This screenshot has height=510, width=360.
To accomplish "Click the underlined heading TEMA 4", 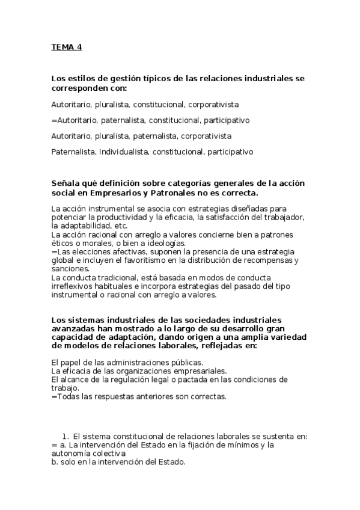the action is (x=66, y=48).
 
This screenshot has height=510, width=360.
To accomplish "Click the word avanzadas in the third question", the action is (x=76, y=328).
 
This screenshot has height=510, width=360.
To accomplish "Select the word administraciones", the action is (x=137, y=362).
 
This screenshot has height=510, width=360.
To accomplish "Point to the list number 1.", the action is (x=65, y=436).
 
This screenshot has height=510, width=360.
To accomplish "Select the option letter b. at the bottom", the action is (x=55, y=462).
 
